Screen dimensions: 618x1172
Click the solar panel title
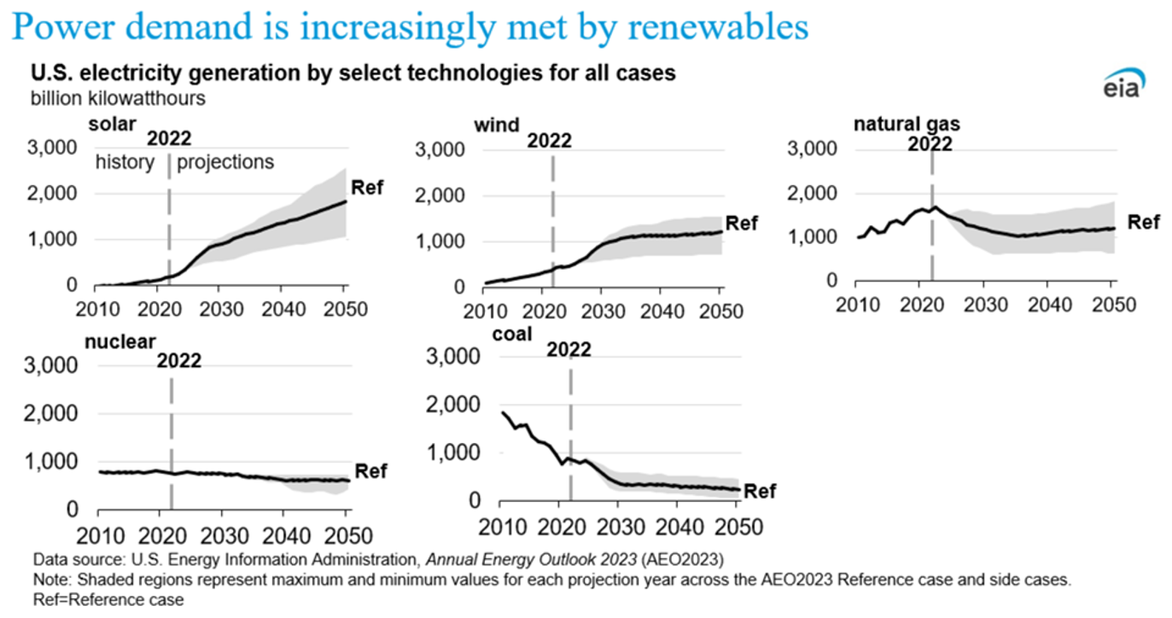click(113, 124)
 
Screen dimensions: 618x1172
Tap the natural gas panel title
click(907, 124)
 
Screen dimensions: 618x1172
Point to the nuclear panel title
click(120, 341)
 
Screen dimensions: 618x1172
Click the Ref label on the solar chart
click(367, 187)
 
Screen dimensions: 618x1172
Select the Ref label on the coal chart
click(761, 491)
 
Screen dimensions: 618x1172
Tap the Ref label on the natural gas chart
click(1144, 223)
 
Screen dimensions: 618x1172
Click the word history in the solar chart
click(125, 162)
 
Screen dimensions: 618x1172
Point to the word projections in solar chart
click(226, 162)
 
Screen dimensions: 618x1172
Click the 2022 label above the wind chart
click(549, 140)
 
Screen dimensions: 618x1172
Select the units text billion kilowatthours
click(118, 97)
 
